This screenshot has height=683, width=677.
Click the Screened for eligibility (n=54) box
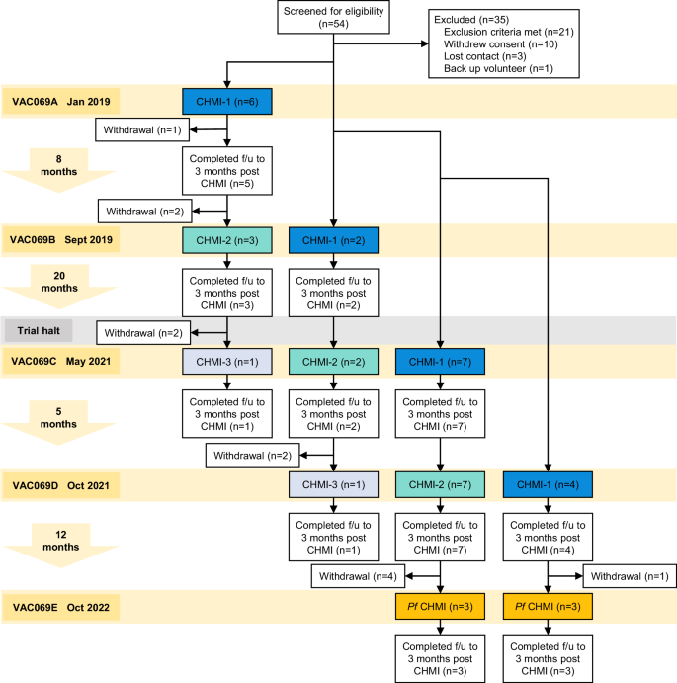pos(333,17)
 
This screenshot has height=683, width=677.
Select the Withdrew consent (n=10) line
pos(500,44)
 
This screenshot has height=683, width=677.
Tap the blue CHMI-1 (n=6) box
pos(227,102)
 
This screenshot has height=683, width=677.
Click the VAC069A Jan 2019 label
pos(60,102)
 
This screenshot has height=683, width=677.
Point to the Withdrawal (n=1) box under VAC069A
pos(142,129)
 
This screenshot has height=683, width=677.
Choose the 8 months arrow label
pos(59,165)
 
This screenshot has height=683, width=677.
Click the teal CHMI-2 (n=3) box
pos(227,240)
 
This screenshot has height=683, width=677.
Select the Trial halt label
pos(39,330)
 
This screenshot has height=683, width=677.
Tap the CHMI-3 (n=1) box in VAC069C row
pos(227,362)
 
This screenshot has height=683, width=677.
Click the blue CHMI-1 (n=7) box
pos(440,362)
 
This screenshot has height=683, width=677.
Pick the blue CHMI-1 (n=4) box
pos(548,484)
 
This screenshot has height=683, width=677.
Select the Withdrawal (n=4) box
pos(358,576)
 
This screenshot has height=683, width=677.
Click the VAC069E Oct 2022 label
pos(60,607)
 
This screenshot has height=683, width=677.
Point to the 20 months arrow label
pos(59,282)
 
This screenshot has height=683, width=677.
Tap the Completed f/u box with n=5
pos(227,171)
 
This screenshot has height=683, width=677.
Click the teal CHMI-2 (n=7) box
pos(440,484)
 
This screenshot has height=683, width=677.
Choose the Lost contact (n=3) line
pos(485,56)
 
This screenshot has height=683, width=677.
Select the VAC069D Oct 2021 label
pos(60,485)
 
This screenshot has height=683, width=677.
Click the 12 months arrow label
pos(61,541)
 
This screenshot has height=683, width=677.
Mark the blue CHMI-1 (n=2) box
pos(333,240)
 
